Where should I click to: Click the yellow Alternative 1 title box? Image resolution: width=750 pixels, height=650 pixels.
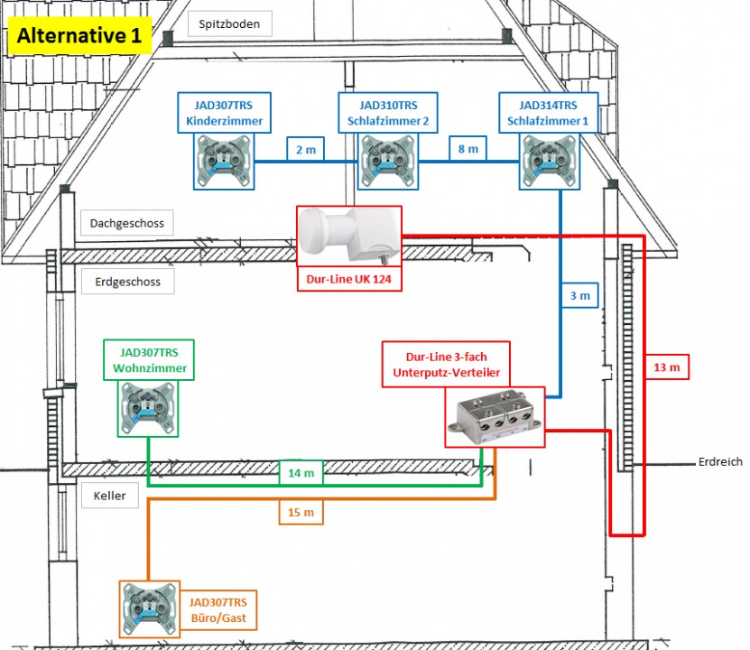79,37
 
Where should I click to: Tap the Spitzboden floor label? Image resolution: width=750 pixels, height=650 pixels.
229,24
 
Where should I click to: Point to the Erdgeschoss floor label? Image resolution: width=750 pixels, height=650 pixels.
127,282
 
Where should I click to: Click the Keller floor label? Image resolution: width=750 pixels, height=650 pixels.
110,496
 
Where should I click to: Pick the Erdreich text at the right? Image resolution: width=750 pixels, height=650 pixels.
720,461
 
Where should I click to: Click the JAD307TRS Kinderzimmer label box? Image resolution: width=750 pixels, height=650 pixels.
224,113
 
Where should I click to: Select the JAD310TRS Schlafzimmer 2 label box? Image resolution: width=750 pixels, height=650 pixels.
387,113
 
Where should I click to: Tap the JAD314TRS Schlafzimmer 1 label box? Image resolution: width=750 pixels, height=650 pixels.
548,113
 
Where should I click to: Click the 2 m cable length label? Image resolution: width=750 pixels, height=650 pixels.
305,149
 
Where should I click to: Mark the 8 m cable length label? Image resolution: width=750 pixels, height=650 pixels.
468,149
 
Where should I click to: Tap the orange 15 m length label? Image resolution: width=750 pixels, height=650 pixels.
301,512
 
